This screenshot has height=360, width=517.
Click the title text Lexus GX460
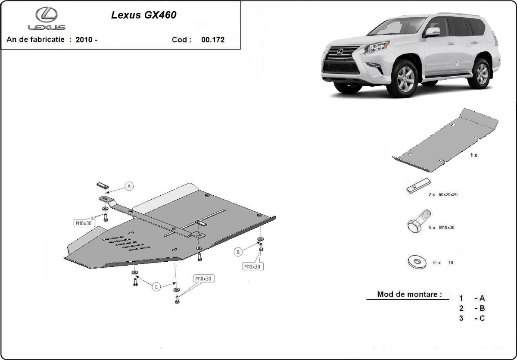143,15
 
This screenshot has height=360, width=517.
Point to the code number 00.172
213,40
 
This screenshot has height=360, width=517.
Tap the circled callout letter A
129,186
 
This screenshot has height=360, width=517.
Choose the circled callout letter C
156,287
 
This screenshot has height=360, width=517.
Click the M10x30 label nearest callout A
83,223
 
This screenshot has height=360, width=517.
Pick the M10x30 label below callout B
252,266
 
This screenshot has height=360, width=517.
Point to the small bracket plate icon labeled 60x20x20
418,185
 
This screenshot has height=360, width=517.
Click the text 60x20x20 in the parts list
448,194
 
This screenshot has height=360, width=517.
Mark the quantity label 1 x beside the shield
473,155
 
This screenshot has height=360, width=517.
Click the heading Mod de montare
409,294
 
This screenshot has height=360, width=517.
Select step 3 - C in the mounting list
472,318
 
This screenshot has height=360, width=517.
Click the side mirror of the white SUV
432,32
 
